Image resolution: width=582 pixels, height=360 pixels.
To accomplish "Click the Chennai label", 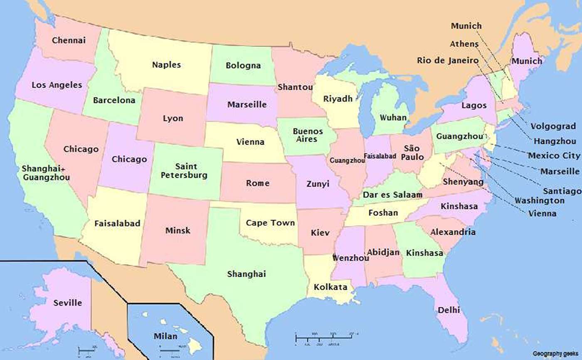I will pyautogui.click(x=69, y=40).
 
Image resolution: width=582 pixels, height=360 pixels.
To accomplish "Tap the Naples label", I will pyautogui.click(x=166, y=65).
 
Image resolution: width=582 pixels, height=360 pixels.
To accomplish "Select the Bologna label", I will pyautogui.click(x=243, y=66).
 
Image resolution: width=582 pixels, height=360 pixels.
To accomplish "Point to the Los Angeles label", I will pyautogui.click(x=57, y=85).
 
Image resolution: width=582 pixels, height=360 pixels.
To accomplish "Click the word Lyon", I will pyautogui.click(x=173, y=118).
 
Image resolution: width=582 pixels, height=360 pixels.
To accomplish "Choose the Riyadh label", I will pyautogui.click(x=338, y=99).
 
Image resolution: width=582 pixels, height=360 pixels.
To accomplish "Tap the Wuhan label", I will pyautogui.click(x=393, y=118).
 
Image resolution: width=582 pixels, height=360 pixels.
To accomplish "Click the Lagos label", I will pyautogui.click(x=474, y=106).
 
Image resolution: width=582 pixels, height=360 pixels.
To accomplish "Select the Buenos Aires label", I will pyautogui.click(x=305, y=135).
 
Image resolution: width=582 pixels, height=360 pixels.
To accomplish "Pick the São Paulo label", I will pyautogui.click(x=413, y=153).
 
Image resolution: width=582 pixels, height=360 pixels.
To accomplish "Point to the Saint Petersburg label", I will pyautogui.click(x=184, y=171).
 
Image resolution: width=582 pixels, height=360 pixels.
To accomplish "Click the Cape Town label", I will pyautogui.click(x=270, y=223).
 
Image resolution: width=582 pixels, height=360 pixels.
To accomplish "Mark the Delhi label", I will pyautogui.click(x=449, y=310).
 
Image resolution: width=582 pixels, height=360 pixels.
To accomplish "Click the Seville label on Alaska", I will pyautogui.click(x=68, y=303).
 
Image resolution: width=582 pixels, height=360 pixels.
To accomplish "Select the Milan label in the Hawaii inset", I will pyautogui.click(x=165, y=336).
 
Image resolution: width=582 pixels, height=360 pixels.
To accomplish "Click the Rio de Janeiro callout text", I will pyautogui.click(x=448, y=61).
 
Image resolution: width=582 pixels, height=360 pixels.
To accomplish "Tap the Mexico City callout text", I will pyautogui.click(x=553, y=156).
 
